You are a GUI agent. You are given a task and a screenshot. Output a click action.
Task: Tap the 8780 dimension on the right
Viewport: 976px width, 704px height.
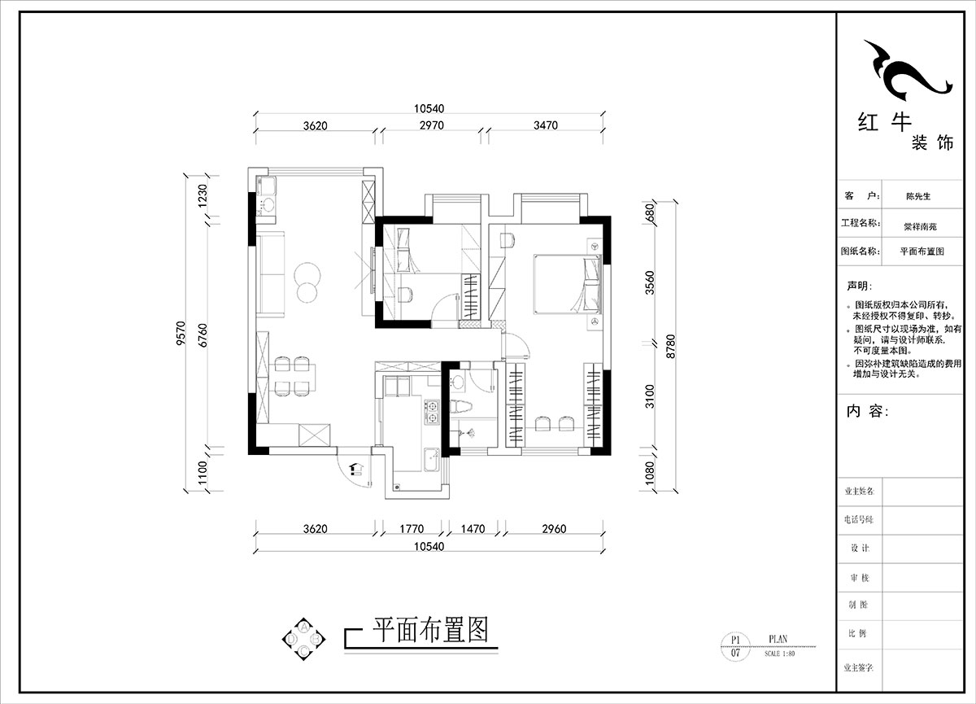click(672, 346)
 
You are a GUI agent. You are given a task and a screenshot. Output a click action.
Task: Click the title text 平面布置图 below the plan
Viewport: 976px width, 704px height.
click(430, 629)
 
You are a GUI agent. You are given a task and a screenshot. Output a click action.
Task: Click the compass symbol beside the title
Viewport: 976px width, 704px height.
click(303, 639)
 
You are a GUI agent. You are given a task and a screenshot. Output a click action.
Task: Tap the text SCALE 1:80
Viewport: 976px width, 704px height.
click(778, 653)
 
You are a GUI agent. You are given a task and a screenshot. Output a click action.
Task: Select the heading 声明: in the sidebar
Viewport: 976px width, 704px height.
click(859, 286)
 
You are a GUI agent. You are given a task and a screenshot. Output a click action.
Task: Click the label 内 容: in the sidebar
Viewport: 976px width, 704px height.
click(867, 412)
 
